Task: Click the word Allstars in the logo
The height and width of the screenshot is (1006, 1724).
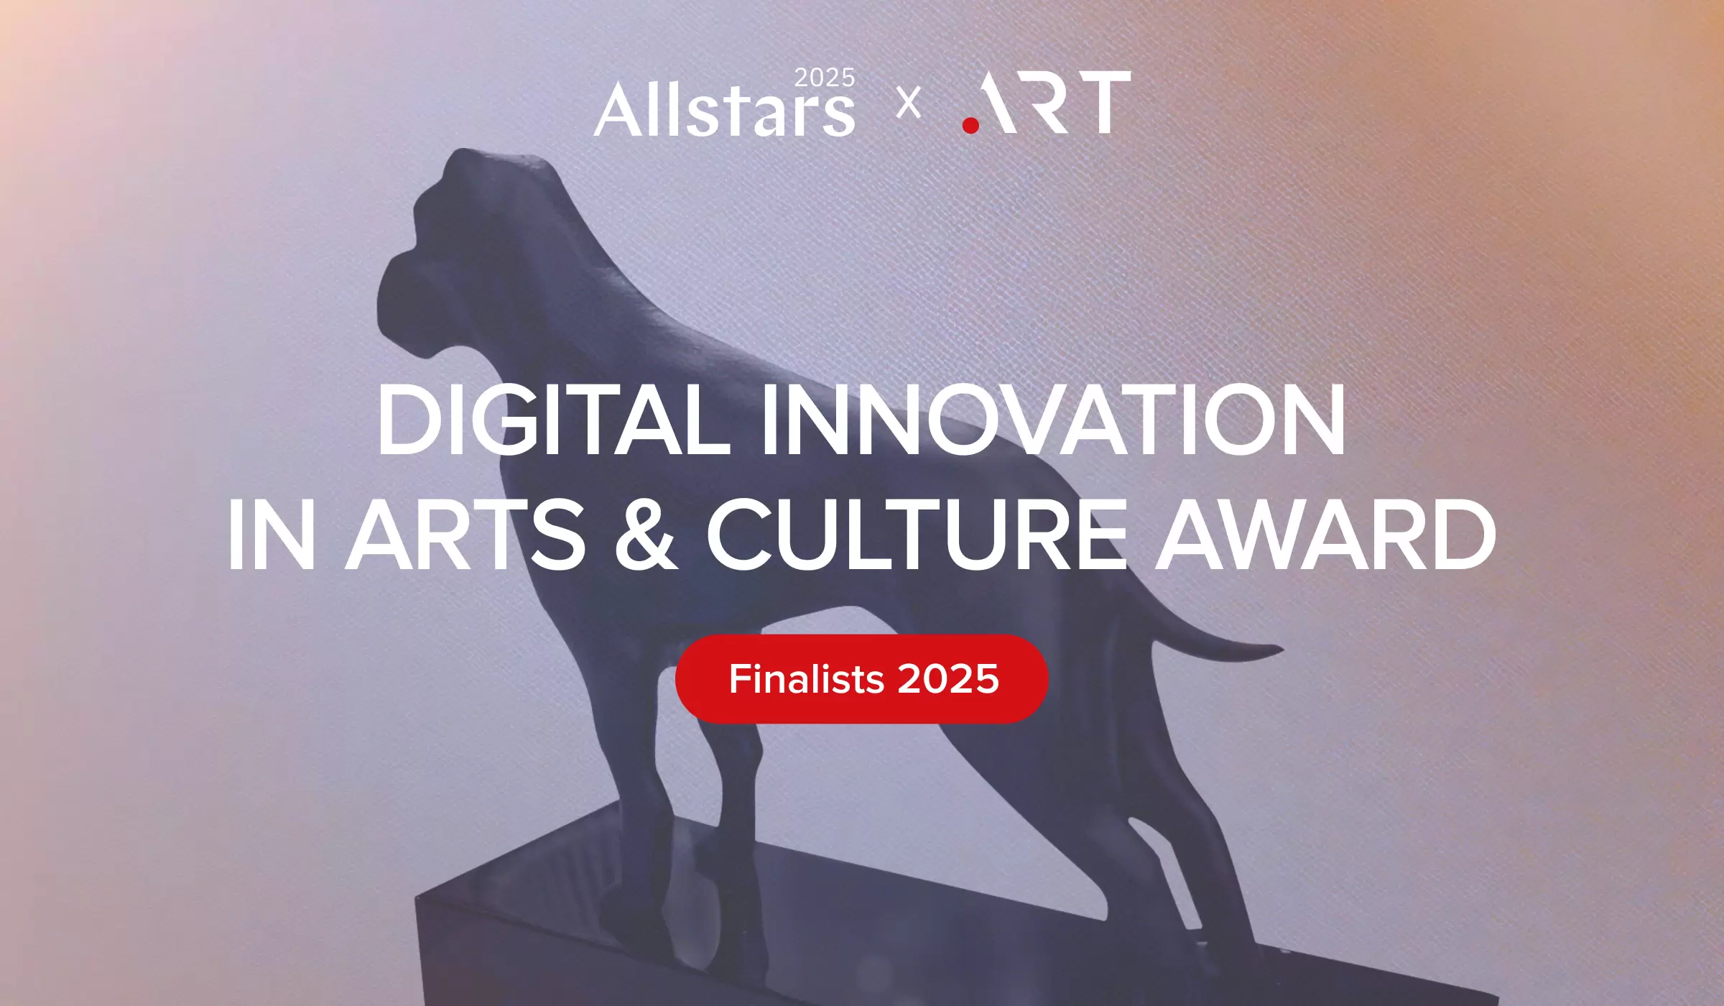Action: point(725,109)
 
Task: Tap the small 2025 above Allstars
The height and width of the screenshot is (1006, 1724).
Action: point(825,78)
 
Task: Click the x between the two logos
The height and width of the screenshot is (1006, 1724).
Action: point(909,103)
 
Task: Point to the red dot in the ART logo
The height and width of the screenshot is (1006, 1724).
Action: point(970,126)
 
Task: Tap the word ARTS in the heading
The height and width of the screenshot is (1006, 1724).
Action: point(465,534)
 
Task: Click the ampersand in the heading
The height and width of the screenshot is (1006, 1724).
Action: point(646,534)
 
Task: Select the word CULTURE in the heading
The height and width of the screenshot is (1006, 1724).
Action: point(917,534)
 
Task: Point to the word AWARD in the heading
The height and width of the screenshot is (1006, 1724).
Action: point(1329,534)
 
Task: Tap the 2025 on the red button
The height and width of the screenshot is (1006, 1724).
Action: point(948,679)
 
